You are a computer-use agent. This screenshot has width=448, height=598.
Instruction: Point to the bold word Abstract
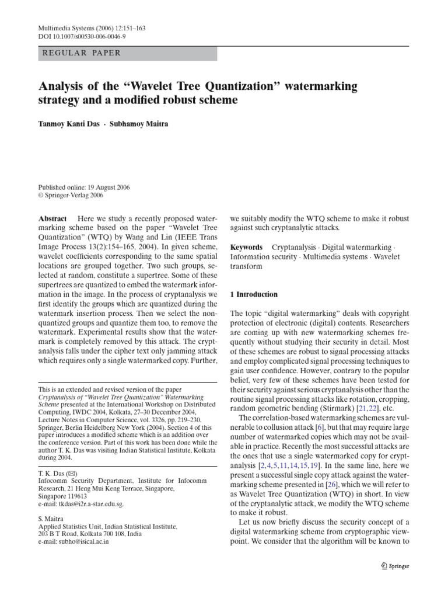click(x=52, y=217)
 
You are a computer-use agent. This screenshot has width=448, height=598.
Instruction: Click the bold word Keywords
click(x=246, y=247)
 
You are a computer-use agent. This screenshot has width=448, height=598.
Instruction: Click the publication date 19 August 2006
click(x=107, y=187)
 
